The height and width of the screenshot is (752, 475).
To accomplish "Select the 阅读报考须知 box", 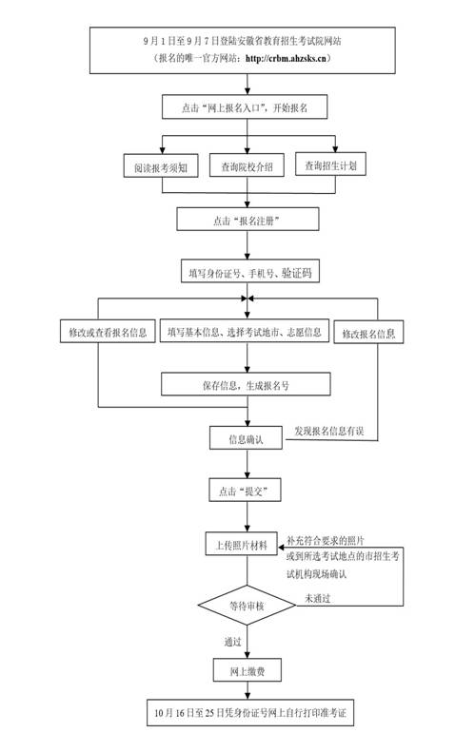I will (x=160, y=167).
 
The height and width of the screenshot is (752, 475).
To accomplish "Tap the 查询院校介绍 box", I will (x=247, y=166).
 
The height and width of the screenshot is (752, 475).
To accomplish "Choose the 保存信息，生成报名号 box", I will (x=246, y=385).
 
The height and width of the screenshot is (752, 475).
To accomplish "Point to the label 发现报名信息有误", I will (x=329, y=432).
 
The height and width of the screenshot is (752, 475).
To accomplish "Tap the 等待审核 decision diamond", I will (x=247, y=605).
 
